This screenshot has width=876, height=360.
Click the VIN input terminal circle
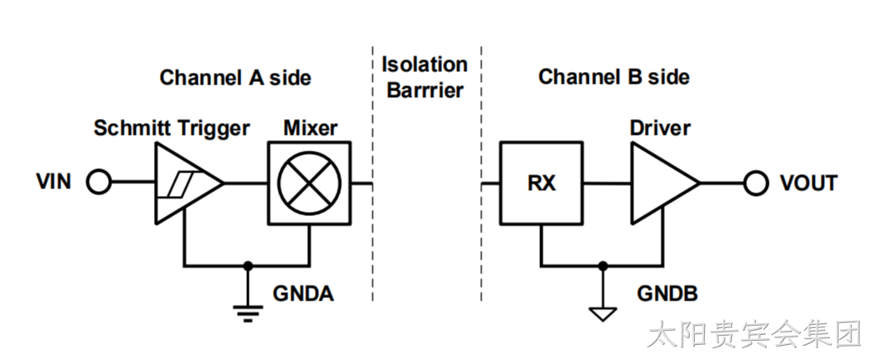[x=99, y=183]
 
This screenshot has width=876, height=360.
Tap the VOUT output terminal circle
[x=756, y=183]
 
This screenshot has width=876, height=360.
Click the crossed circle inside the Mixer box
[x=310, y=183]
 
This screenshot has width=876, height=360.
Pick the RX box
[x=541, y=183]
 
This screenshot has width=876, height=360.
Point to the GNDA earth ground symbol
[x=248, y=313]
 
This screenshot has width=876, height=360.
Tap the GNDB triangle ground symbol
[x=602, y=314]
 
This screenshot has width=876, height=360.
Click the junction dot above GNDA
[x=248, y=266]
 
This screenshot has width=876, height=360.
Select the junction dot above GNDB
[x=602, y=266]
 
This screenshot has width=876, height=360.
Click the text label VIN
[x=54, y=182]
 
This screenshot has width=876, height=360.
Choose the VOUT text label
[x=809, y=183]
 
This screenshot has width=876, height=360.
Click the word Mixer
[x=310, y=128]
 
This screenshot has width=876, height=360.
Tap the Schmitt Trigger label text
[x=172, y=128]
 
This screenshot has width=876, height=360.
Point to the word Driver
[x=661, y=128]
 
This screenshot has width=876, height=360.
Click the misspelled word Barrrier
[x=425, y=90]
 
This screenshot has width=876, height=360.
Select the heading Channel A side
[x=235, y=78]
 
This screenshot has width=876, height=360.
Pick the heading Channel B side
[x=614, y=77]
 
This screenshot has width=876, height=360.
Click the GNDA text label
[x=303, y=294]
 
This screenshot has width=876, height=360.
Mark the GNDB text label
[x=667, y=294]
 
